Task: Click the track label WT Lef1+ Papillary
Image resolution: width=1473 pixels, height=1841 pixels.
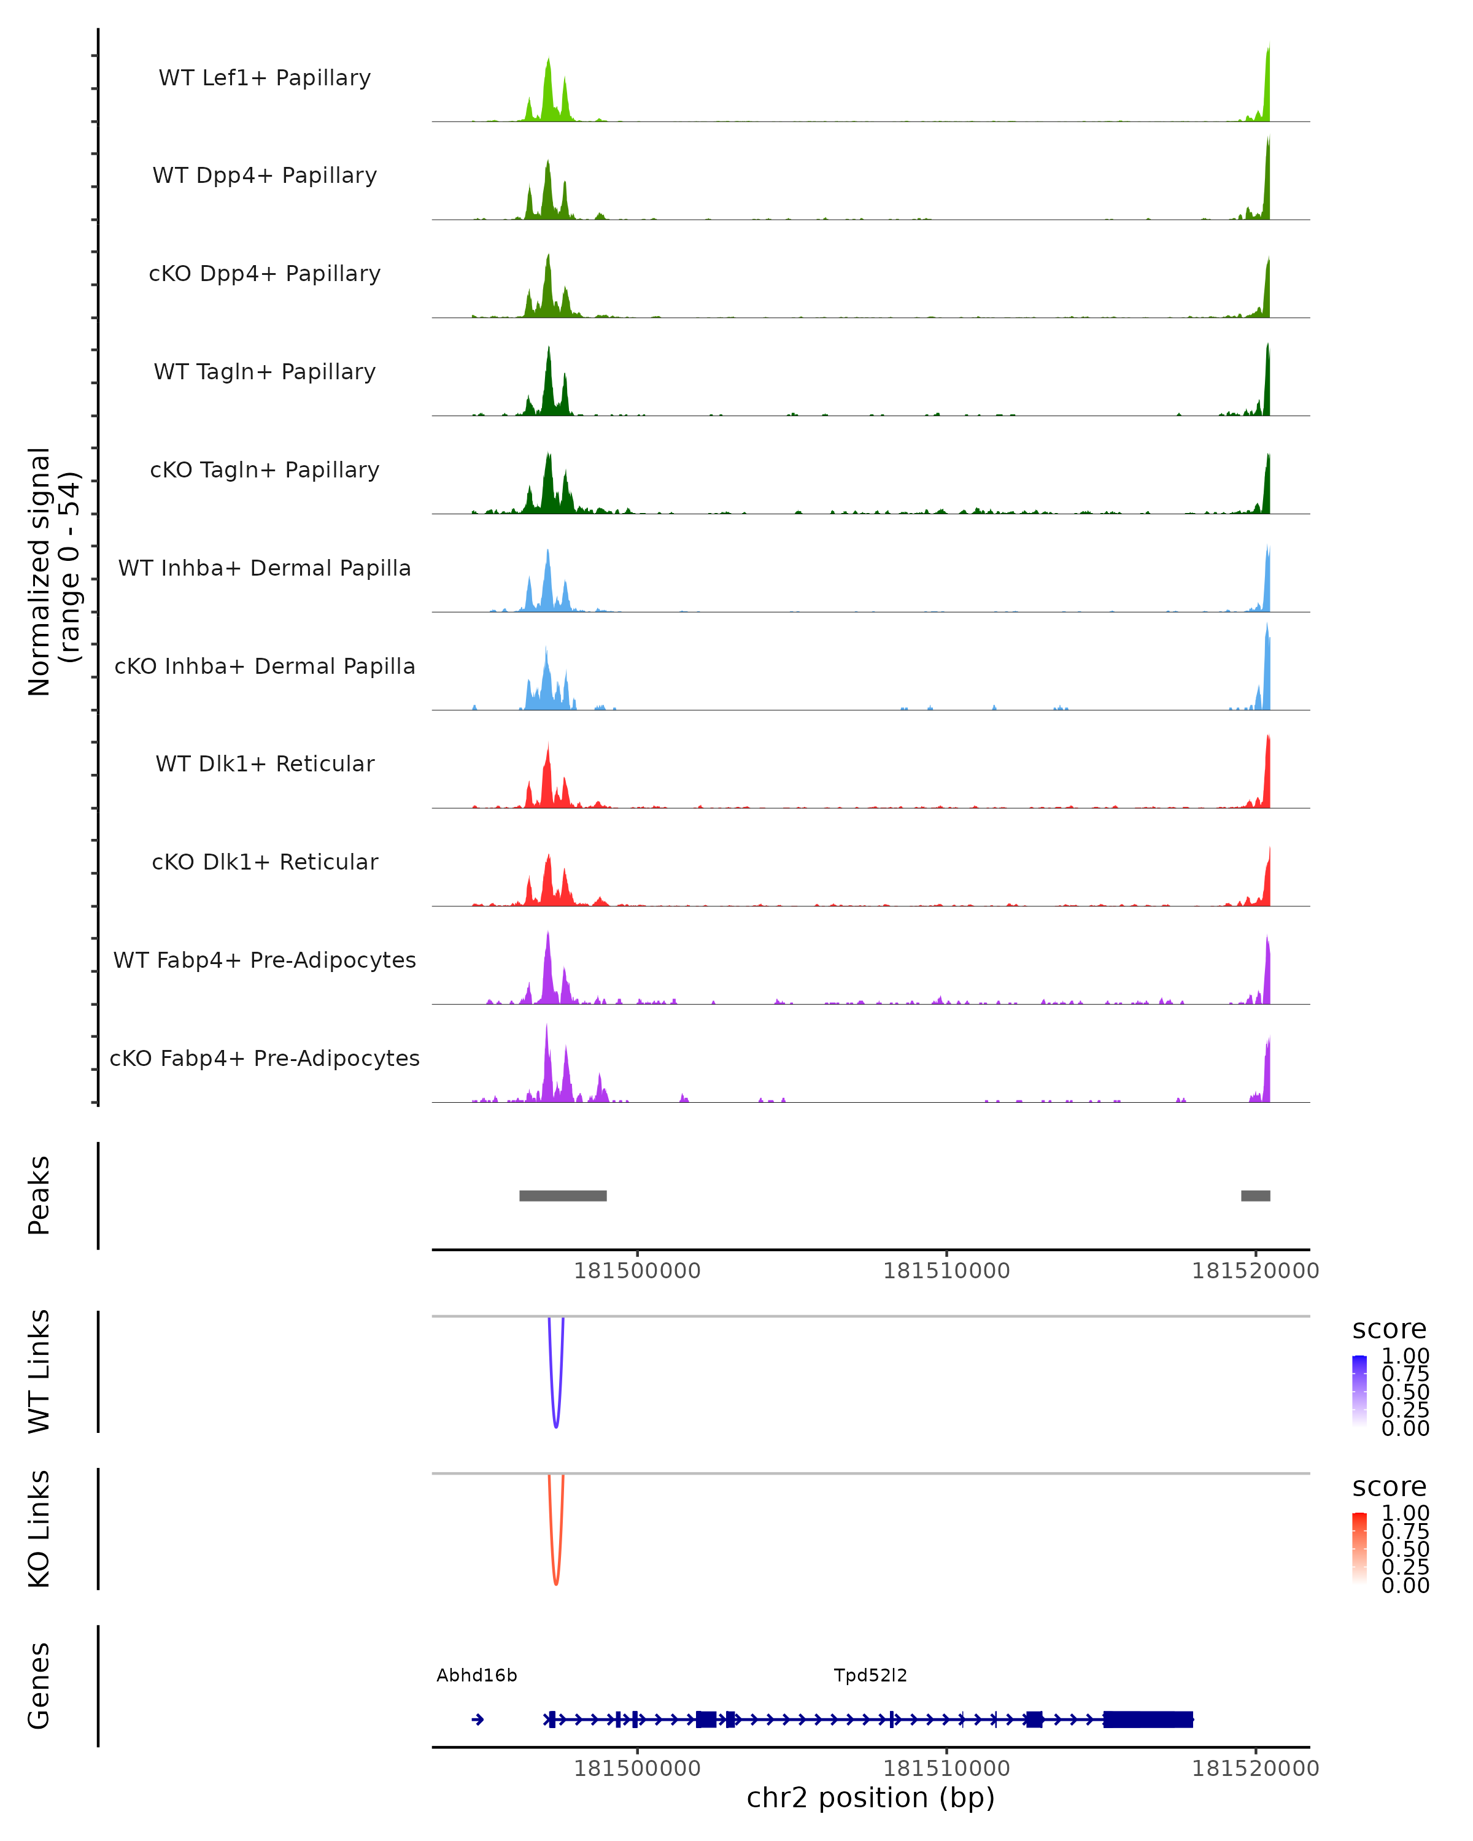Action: (265, 78)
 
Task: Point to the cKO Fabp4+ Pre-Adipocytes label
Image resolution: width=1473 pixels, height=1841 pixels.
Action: (265, 1058)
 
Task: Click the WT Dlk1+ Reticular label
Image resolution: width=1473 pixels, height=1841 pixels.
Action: (265, 763)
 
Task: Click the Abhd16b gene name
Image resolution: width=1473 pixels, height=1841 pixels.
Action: (476, 1675)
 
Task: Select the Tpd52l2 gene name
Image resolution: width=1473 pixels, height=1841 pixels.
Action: (870, 1675)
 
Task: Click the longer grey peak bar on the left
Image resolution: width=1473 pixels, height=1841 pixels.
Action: (563, 1195)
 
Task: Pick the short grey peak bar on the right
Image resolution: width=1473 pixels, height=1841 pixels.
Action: (1255, 1195)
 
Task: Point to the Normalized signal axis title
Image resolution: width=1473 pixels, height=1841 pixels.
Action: (53, 571)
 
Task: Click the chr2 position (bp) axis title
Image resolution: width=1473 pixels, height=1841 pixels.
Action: (870, 1797)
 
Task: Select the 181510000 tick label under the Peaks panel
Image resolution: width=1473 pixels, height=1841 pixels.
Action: (946, 1271)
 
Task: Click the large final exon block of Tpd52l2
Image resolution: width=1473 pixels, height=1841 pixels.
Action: (1148, 1719)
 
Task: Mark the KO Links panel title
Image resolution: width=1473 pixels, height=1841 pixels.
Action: (39, 1529)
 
